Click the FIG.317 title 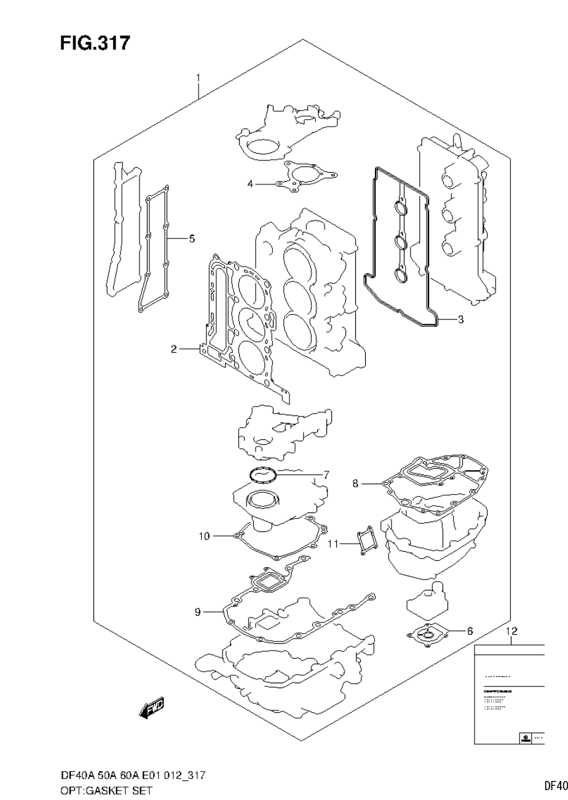click(95, 43)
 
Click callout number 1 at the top click(198, 77)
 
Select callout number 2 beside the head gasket click(174, 349)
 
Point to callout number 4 click(250, 183)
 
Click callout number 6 click(470, 630)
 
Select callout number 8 click(355, 484)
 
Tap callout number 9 click(197, 611)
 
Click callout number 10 click(204, 536)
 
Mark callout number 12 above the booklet click(511, 631)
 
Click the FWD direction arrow click(151, 708)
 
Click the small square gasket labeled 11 click(367, 541)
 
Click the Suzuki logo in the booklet click(526, 736)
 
